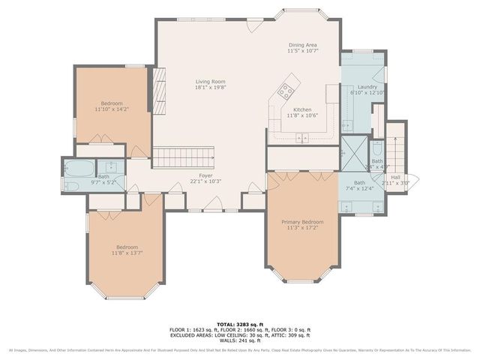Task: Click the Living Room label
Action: (210, 82)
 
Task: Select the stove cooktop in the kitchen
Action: (286, 91)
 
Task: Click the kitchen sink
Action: (303, 137)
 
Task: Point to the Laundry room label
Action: (367, 87)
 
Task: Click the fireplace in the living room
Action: (158, 82)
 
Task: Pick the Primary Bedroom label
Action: (302, 223)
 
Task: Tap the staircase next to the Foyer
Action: (184, 157)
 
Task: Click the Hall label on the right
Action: (395, 177)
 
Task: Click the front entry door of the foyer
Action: (215, 204)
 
